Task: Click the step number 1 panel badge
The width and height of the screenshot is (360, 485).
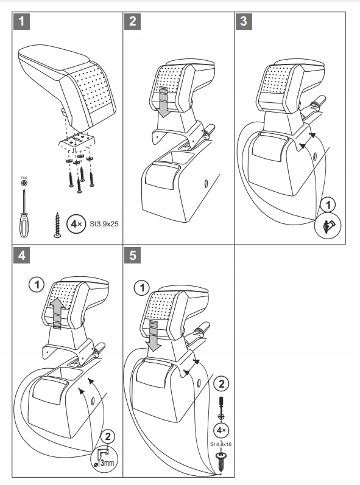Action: (21, 21)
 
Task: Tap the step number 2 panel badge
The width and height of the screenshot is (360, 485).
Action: (132, 21)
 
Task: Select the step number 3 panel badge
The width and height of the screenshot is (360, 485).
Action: (244, 21)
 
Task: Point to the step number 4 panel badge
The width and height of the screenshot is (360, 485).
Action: (21, 255)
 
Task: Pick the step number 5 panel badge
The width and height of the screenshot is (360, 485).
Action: (132, 255)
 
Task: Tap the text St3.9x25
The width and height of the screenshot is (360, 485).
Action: (104, 223)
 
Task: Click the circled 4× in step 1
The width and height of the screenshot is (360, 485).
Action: (76, 223)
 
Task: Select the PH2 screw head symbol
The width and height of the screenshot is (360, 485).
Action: (24, 183)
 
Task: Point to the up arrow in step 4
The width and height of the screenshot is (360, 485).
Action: (58, 313)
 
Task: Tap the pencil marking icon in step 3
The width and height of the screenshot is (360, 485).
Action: (328, 226)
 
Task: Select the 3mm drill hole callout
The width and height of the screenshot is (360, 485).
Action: (104, 459)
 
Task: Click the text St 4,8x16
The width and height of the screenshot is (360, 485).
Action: (221, 444)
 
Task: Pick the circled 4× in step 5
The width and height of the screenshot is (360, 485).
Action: (221, 430)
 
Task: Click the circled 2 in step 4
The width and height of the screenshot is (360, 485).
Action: (108, 437)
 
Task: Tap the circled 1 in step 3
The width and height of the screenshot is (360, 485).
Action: (328, 204)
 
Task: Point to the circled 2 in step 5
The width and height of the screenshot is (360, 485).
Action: (221, 384)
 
